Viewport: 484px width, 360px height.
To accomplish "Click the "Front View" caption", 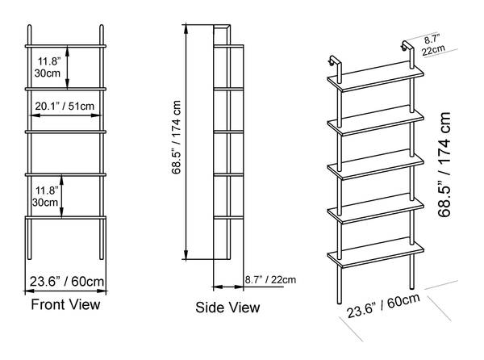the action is click(x=65, y=304).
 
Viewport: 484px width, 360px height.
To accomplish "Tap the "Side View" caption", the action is click(x=227, y=308).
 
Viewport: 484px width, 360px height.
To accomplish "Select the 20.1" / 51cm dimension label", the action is click(x=65, y=107).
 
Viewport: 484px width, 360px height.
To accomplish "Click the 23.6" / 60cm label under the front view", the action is click(x=67, y=282).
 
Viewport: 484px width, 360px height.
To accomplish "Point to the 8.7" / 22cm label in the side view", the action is click(x=270, y=280).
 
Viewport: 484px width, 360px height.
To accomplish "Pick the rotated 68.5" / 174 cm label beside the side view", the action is click(x=176, y=137).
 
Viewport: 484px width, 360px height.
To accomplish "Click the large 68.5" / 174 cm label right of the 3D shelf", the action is click(x=444, y=165).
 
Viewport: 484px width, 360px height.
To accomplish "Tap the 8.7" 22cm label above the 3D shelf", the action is click(x=432, y=45).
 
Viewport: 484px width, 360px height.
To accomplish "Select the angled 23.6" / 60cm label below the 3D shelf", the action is click(x=383, y=305).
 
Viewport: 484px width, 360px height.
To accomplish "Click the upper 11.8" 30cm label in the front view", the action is click(x=48, y=67).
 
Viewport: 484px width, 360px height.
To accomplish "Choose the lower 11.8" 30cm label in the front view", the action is click(x=45, y=196).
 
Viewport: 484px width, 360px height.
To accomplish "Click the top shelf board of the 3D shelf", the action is click(x=376, y=76).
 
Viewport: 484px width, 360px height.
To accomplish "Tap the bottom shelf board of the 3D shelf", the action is click(x=376, y=253).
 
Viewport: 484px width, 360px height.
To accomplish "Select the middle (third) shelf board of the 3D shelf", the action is click(x=376, y=164).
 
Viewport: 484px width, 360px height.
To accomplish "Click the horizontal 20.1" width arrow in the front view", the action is click(x=66, y=115).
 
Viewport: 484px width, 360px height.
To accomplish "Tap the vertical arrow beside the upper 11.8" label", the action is click(x=67, y=67).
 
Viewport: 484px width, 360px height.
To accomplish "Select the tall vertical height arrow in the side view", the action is click(x=186, y=142).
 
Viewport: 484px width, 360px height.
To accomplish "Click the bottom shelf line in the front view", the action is click(x=65, y=218).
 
